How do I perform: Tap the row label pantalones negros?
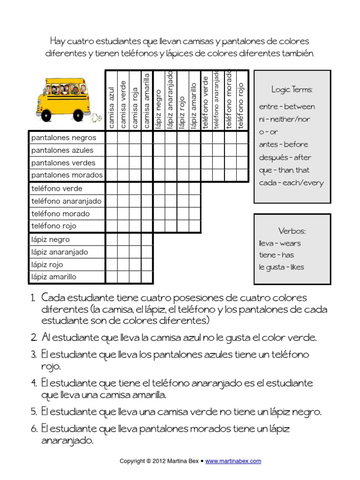(x=64, y=138)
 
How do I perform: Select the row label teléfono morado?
(x=60, y=214)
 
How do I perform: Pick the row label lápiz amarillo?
(x=54, y=277)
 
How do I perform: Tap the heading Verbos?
(x=292, y=231)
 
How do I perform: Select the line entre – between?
(x=287, y=106)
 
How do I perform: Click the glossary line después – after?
(x=285, y=157)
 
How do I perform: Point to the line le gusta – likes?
(x=281, y=267)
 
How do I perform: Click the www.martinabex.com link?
(x=233, y=461)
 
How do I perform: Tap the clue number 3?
(x=34, y=354)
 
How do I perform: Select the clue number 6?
(x=34, y=428)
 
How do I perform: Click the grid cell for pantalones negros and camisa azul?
(x=112, y=138)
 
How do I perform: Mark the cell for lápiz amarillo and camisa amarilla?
(x=147, y=277)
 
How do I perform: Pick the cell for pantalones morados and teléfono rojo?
(x=242, y=175)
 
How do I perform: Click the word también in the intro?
(x=295, y=53)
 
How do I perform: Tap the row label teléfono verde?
(x=57, y=188)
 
